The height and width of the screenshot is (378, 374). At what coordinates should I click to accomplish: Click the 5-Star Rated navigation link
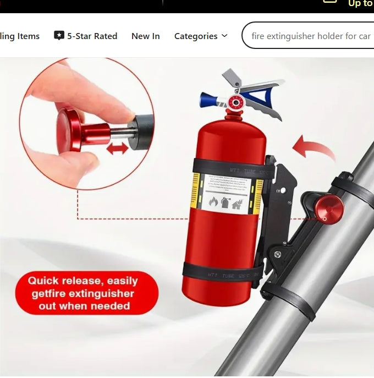click(x=92, y=36)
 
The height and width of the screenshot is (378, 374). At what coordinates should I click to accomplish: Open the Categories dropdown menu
click(x=200, y=36)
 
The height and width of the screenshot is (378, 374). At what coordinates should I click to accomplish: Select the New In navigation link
click(x=145, y=36)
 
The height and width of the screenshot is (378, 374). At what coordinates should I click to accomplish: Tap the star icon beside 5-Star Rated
click(x=59, y=36)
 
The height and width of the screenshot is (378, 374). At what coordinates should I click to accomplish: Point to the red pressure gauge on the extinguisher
click(x=236, y=102)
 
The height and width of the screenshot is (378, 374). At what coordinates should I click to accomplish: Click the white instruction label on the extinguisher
click(x=225, y=192)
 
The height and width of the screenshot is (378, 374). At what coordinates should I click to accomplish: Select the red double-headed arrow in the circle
click(x=117, y=147)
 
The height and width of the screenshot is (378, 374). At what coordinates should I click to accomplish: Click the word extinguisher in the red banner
click(x=101, y=293)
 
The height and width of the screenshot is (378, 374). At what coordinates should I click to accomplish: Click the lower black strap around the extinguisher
click(x=223, y=272)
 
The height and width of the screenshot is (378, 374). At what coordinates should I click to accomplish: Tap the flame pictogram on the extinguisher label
click(x=213, y=202)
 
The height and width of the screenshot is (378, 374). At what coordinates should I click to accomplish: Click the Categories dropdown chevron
click(x=224, y=36)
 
